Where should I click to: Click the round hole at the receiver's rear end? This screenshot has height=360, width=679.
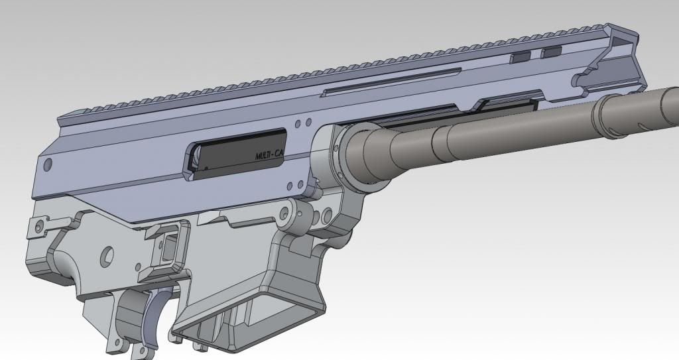[x=47, y=162]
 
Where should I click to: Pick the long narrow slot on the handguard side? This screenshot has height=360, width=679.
[x=391, y=83]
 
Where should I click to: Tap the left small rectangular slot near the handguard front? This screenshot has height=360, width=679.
[x=521, y=57]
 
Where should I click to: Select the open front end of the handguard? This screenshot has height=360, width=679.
[x=613, y=63]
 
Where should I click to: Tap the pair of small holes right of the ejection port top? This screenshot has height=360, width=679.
[x=304, y=123]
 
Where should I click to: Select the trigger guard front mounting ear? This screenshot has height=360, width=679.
[x=123, y=341]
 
